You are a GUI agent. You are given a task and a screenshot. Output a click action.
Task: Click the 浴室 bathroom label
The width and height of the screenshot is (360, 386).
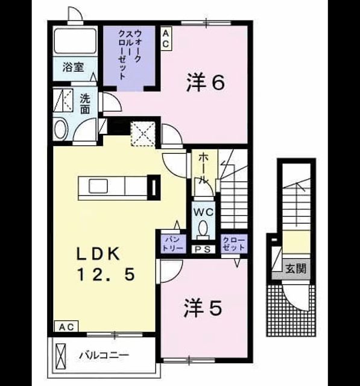coord(73,67)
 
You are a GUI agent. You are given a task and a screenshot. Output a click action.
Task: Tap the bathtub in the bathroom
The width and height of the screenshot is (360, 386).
coord(75,41)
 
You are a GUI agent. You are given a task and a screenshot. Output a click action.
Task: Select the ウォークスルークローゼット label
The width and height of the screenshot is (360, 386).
coord(130,54)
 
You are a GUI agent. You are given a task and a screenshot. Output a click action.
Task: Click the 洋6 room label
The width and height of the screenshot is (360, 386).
coord(205,83)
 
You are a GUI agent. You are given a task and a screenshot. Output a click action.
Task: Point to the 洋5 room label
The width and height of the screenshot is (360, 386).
coord(203,308)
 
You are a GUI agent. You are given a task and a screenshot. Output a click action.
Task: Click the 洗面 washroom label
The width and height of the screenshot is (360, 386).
coord(85,104)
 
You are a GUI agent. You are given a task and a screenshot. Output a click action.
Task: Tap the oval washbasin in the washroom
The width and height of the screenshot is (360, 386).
coord(61,129)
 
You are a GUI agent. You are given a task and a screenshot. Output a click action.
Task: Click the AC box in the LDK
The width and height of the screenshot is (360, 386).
coord(66,327)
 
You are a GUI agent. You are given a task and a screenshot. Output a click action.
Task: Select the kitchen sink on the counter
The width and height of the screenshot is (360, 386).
coord(98,186)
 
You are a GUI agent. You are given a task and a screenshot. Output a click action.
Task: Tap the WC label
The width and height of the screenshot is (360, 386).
coord(203,212)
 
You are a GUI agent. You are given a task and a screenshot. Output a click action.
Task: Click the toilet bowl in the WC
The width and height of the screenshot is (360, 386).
coord(203,229)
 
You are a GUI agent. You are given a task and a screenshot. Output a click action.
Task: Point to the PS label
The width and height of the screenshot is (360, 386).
coord(203,249)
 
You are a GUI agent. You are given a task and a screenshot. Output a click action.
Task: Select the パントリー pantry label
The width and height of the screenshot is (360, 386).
coord(172,243)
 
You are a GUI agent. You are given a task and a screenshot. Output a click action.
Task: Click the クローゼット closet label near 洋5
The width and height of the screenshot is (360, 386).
coord(234,244)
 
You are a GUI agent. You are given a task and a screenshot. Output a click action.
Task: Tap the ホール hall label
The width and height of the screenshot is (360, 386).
coord(203,168)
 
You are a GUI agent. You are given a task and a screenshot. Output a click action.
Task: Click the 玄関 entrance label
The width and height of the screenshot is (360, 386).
coord(295,268)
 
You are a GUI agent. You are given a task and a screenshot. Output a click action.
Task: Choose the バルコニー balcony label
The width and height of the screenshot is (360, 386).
coord(104,355)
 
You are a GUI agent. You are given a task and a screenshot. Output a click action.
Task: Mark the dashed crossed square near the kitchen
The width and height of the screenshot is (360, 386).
coord(143,134)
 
